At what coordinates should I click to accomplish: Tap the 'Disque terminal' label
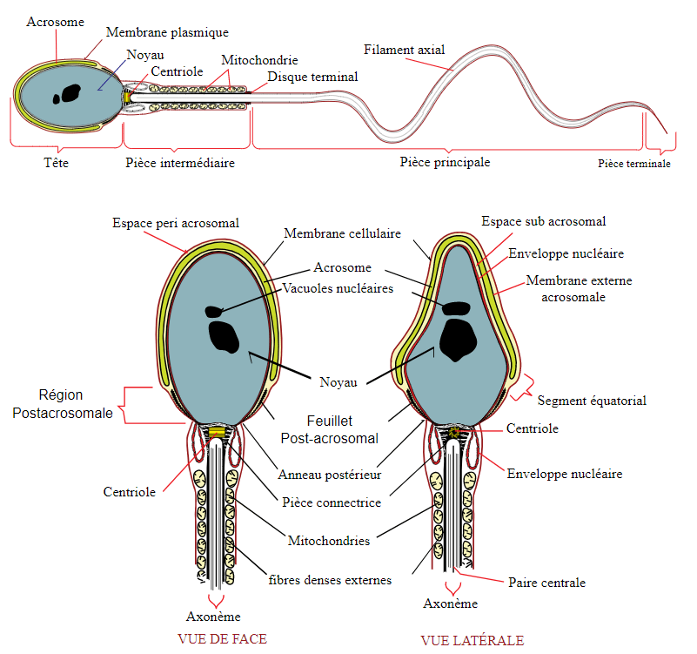coord(312,78)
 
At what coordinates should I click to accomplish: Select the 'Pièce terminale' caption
coord(634,163)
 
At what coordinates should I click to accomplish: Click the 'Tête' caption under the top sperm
coord(56,162)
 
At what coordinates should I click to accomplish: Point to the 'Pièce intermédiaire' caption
coord(180,162)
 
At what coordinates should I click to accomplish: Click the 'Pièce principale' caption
coord(445,162)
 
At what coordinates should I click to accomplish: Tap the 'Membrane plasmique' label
coord(167,33)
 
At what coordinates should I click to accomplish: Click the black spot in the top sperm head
coord(66,91)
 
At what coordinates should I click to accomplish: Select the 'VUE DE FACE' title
coord(222,638)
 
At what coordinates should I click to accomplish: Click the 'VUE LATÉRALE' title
coord(472,640)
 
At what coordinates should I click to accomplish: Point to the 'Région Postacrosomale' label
coord(63,404)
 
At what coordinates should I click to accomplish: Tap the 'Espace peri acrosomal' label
coord(176,224)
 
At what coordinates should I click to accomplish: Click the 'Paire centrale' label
coord(546,583)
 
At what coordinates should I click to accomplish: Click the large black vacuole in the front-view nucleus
coord(225,336)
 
